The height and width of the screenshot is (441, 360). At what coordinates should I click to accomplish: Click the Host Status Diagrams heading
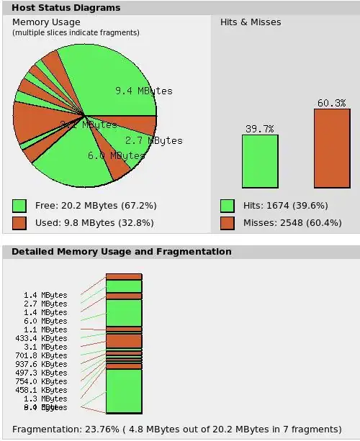point(66,8)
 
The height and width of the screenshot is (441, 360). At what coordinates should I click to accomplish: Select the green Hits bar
point(259,161)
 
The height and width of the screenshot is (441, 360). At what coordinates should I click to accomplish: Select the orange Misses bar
point(331,148)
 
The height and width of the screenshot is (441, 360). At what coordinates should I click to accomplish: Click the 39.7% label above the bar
point(259,129)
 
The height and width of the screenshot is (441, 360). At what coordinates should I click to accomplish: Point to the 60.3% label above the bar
point(331,103)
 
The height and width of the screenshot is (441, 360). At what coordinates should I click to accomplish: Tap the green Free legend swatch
point(19,206)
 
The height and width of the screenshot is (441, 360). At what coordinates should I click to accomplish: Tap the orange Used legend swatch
point(19,223)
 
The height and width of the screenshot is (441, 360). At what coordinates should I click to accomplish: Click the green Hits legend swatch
point(227,206)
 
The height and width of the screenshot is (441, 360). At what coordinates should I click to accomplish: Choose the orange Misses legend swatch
point(227,223)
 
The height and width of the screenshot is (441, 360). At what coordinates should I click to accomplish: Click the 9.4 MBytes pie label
point(144,91)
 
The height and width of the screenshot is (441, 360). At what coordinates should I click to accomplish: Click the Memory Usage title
point(46,22)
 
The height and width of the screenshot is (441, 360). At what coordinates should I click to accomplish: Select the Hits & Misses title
point(251,22)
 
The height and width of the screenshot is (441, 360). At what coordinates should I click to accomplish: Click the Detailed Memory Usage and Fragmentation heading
point(122,252)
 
